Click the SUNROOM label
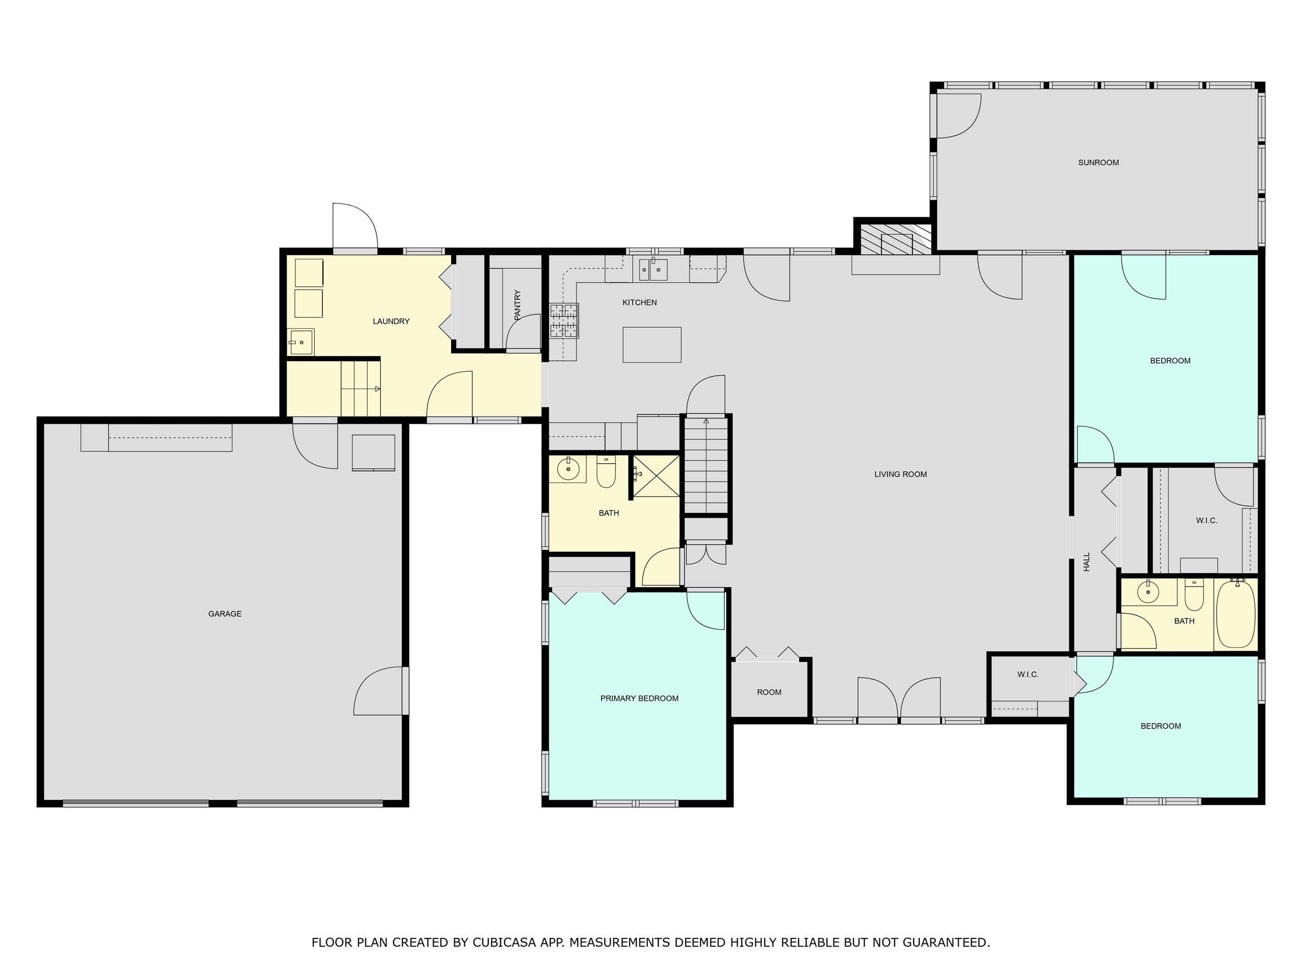1098,162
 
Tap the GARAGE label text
225,614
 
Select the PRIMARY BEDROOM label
639,698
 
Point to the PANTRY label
518,305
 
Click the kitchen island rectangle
651,345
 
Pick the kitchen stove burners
564,321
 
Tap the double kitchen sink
653,269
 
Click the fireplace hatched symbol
896,238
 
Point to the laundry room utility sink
301,342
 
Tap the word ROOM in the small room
769,692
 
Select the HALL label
1087,561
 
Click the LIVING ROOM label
900,474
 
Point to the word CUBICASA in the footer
504,942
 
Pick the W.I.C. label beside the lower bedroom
1028,674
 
